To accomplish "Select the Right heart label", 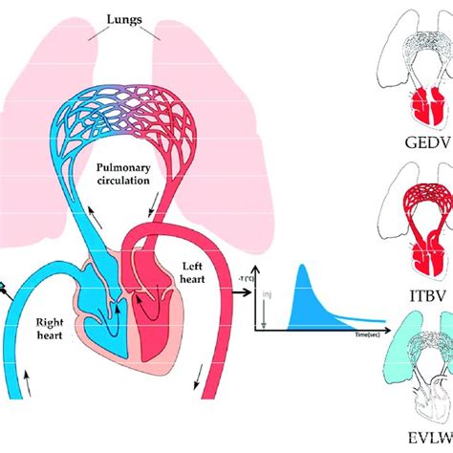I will click(43, 330).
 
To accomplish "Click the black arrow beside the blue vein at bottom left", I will click(18, 375).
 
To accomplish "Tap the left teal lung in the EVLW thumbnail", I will click(381, 363).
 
